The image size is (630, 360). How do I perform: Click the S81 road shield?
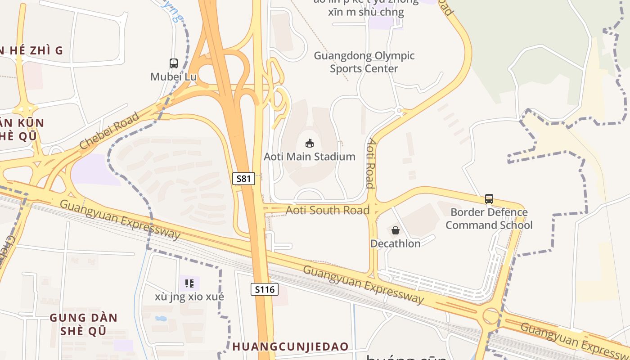tap(243, 179)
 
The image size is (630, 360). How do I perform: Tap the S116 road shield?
tap(264, 289)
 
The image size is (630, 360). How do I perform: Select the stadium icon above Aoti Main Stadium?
tap(310, 144)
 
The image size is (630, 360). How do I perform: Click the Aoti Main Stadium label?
tap(310, 157)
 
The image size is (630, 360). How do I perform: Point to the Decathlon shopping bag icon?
tap(395, 230)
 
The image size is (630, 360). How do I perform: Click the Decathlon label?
tap(395, 243)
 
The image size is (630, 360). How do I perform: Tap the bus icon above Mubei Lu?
tap(174, 63)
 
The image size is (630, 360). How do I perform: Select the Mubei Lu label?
tap(174, 76)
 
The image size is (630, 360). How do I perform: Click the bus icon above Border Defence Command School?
tap(489, 198)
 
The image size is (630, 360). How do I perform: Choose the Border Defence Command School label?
tap(489, 218)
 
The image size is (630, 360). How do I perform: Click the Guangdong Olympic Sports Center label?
tap(364, 62)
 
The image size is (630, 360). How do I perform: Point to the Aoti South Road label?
tap(328, 210)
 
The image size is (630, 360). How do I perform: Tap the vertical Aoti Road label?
tap(371, 163)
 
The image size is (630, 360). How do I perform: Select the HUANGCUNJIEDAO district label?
tap(290, 346)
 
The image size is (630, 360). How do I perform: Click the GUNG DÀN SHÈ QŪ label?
tap(84, 324)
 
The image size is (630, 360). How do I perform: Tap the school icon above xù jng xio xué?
tap(189, 283)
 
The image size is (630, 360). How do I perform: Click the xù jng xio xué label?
tap(189, 297)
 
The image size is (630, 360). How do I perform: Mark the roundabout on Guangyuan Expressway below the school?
tap(490, 315)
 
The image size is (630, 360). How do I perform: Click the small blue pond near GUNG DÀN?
tap(160, 319)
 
